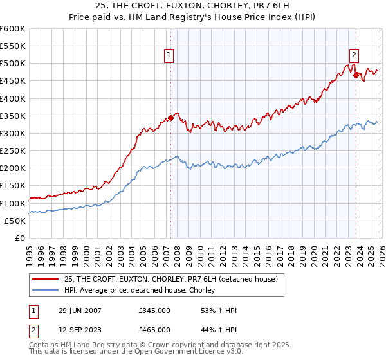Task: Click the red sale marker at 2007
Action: pos(171,118)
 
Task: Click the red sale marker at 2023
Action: pos(356,76)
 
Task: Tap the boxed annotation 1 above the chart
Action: pos(169,56)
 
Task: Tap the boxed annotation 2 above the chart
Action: pos(354,56)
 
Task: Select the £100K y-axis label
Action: pos(13,203)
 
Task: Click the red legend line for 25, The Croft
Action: pos(46,279)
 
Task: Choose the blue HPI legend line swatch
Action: pos(46,291)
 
